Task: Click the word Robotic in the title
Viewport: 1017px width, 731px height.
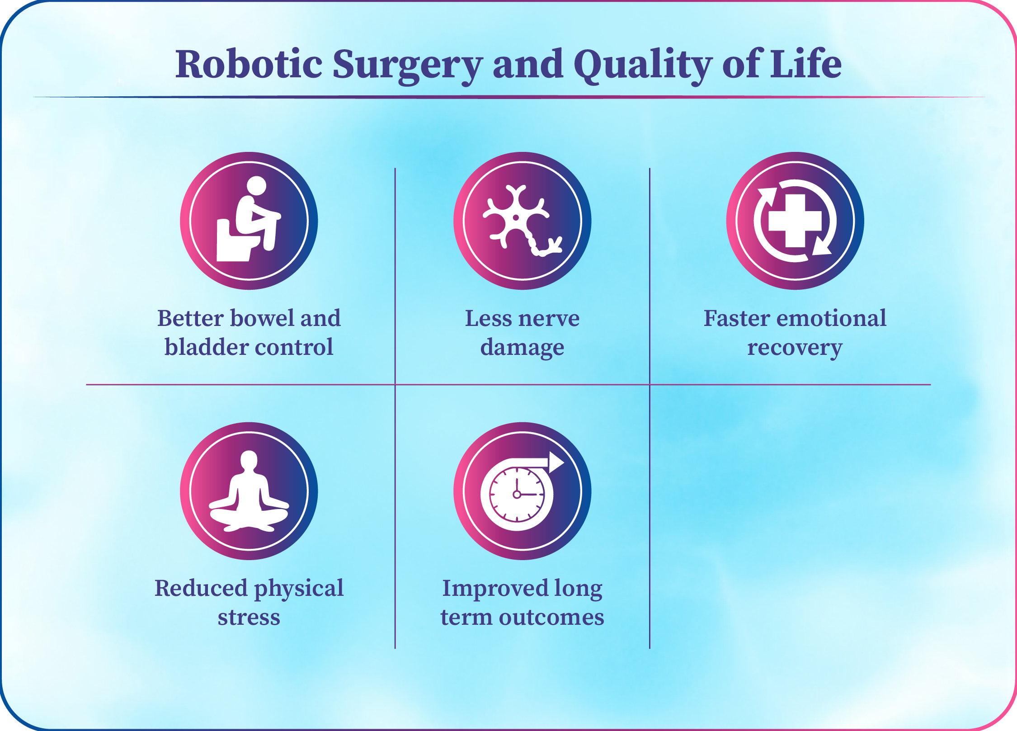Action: [x=249, y=64]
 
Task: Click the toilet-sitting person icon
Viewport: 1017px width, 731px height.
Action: [x=249, y=219]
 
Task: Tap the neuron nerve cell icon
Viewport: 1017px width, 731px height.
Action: [x=523, y=221]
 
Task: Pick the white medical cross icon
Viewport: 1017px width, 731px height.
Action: [x=795, y=221]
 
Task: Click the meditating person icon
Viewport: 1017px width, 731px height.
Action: [x=249, y=491]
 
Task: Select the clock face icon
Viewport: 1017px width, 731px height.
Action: [x=517, y=494]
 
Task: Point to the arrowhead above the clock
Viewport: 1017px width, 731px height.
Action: [x=556, y=462]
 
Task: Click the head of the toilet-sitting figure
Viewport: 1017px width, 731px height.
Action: [x=257, y=186]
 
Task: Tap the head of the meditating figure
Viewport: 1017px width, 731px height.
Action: [x=249, y=461]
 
